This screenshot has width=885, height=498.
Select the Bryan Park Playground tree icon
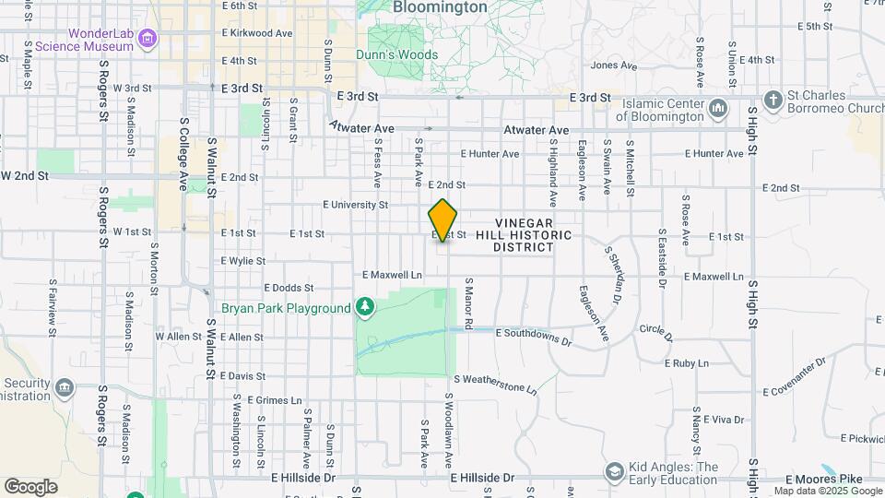click(366, 307)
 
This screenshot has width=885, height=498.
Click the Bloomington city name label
click(440, 7)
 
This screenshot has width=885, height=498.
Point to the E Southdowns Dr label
click(535, 336)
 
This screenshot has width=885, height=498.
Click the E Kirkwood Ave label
click(257, 32)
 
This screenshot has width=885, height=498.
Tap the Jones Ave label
click(613, 65)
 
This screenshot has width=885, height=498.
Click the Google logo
click(30, 486)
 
